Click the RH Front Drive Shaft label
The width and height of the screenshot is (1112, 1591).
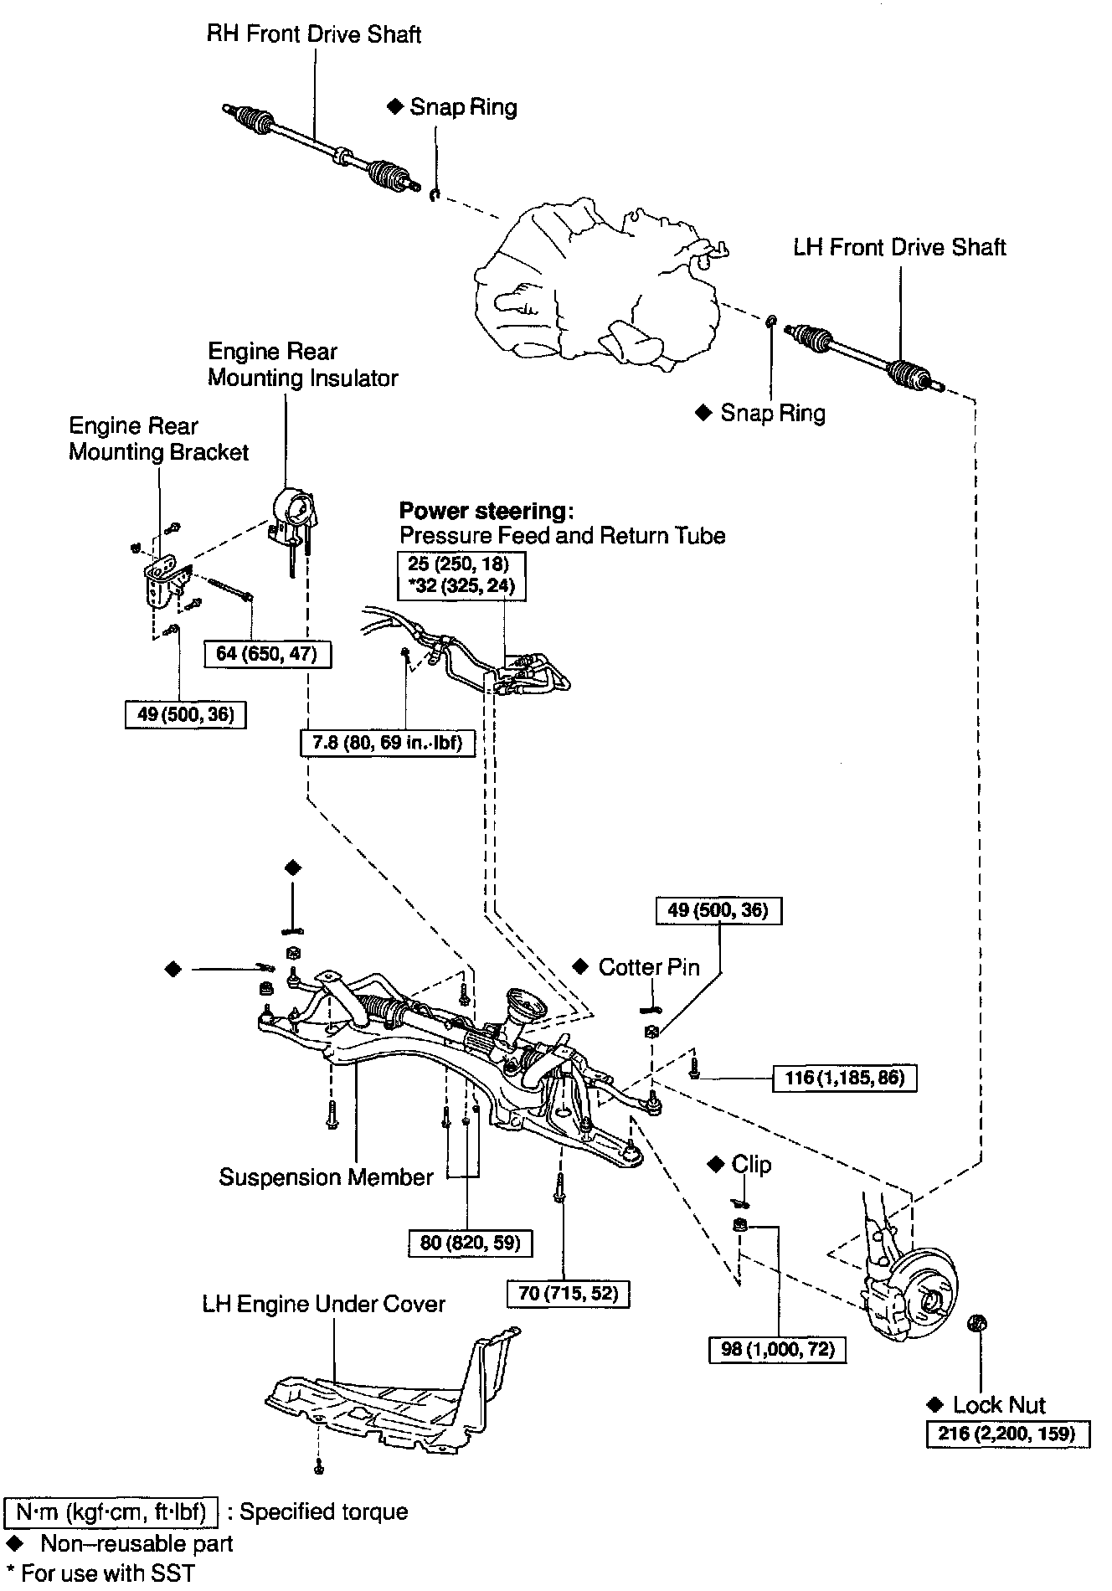click(x=314, y=35)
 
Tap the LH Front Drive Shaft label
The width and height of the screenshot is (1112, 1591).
click(x=899, y=248)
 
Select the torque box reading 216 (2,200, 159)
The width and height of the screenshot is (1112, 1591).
click(x=1008, y=1434)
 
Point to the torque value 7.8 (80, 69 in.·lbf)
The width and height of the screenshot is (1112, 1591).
click(x=387, y=742)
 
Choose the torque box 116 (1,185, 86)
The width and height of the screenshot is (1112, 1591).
click(x=844, y=1078)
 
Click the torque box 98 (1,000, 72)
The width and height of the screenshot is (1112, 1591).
click(x=777, y=1350)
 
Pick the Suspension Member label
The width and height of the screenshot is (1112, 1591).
click(x=326, y=1177)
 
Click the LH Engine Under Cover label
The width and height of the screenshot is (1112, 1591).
click(x=323, y=1304)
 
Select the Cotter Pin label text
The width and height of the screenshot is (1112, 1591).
click(x=648, y=967)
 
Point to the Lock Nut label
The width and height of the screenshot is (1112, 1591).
click(x=998, y=1405)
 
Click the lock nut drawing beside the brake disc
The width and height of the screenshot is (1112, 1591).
click(x=976, y=1324)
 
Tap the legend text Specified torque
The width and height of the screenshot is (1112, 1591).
click(x=324, y=1511)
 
